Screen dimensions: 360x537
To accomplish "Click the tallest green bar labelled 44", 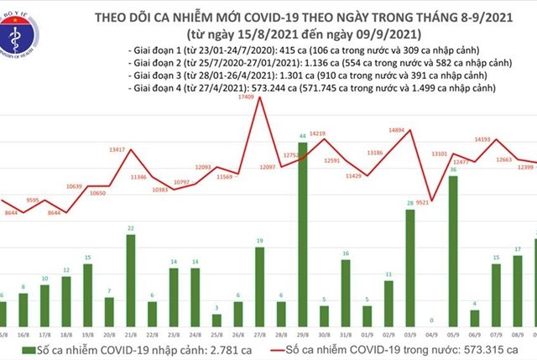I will point(302,234).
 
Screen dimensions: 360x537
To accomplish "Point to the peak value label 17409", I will point(246,99).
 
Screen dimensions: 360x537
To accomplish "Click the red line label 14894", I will point(392,130).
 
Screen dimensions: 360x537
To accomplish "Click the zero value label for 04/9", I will point(431,321).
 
